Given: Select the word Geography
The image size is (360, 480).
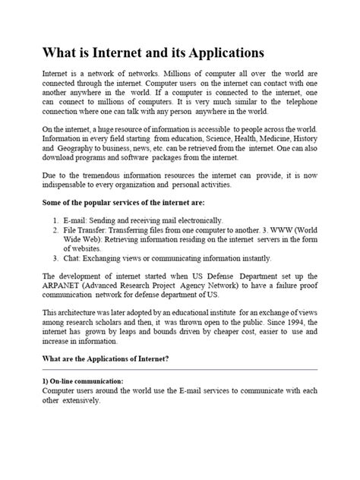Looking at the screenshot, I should (80, 148).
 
